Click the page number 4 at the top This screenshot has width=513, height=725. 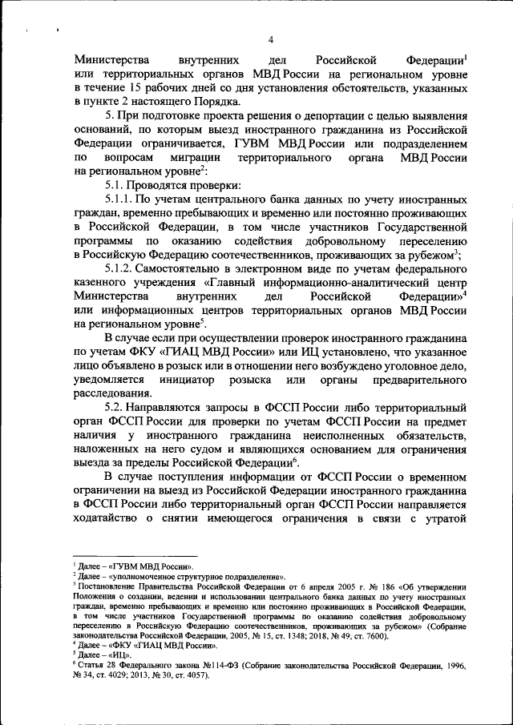[x=270, y=40]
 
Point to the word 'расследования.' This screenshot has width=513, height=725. [x=111, y=393]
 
